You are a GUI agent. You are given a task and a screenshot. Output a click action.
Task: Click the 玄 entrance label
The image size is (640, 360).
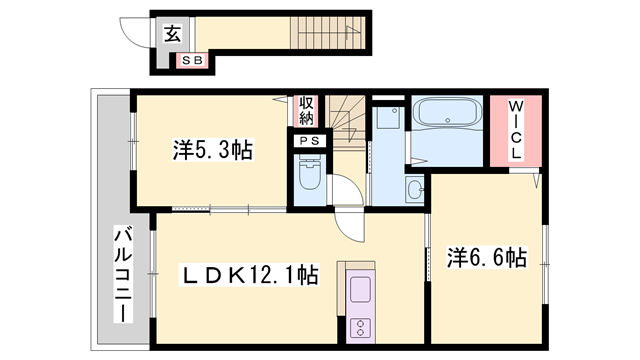[172, 34]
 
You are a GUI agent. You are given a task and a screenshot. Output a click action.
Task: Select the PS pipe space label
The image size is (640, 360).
[308, 141]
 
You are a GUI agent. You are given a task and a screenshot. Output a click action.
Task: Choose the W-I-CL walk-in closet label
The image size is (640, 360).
[514, 131]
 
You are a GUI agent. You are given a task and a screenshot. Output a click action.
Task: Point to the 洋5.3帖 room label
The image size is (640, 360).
[212, 150]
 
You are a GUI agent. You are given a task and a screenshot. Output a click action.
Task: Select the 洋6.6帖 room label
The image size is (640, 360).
[486, 258]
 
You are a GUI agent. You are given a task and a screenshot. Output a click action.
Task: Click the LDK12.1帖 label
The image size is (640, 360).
[249, 273]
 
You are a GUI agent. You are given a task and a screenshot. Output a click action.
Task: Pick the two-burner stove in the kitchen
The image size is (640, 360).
[357, 326]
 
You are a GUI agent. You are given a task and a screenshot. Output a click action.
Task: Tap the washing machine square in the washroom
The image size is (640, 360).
[388, 121]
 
